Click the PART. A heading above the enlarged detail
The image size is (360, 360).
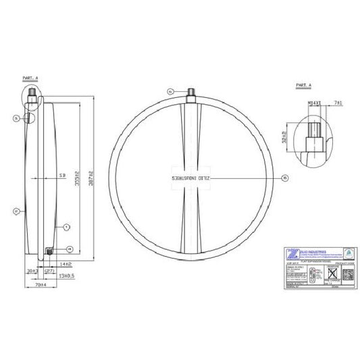click(x=305, y=86)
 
